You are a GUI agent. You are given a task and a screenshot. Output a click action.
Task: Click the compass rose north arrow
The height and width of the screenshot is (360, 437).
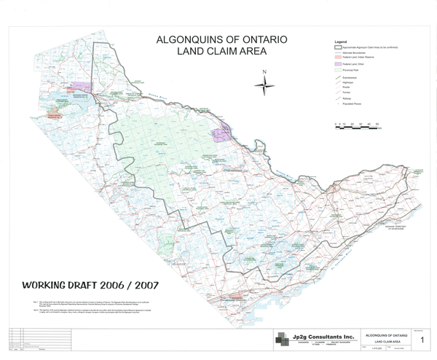pos(265,84)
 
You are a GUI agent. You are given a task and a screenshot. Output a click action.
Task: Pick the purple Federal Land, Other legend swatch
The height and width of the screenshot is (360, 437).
pos(328,64)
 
